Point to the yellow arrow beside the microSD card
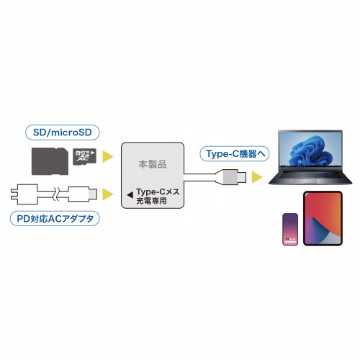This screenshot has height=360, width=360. (x=108, y=156)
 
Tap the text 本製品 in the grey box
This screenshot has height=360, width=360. (x=152, y=164)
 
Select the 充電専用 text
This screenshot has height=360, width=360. (x=153, y=202)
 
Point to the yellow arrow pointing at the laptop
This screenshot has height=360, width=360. (x=256, y=176)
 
